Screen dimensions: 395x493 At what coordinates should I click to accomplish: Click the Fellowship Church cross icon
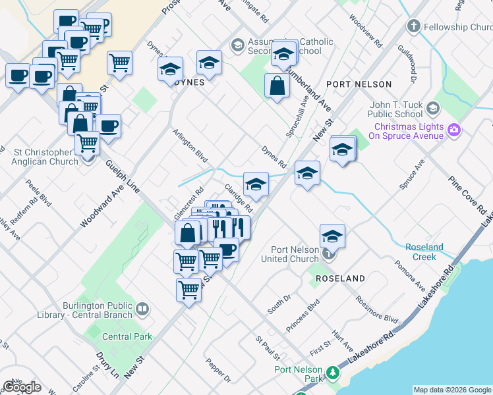[x=413, y=27]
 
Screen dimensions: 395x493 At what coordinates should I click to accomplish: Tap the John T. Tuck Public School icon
[x=433, y=107]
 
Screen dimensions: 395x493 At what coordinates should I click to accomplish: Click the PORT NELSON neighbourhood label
[x=359, y=84]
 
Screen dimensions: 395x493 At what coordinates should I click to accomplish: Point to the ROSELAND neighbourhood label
[x=340, y=278]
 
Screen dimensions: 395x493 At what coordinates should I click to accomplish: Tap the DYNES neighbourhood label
[x=190, y=83]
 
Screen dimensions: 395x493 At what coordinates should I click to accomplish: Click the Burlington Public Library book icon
[x=142, y=308]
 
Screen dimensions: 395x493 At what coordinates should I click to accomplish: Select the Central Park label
[x=127, y=336]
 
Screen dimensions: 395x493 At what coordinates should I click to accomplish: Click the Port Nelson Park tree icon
[x=334, y=373]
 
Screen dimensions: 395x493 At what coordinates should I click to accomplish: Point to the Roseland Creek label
[x=424, y=252]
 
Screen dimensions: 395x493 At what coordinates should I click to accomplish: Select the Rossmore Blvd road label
[x=376, y=308]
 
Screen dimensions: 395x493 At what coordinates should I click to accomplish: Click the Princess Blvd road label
[x=303, y=315]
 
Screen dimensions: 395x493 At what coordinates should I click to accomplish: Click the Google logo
[x=22, y=387]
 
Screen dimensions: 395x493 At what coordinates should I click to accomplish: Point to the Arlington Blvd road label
[x=190, y=146]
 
